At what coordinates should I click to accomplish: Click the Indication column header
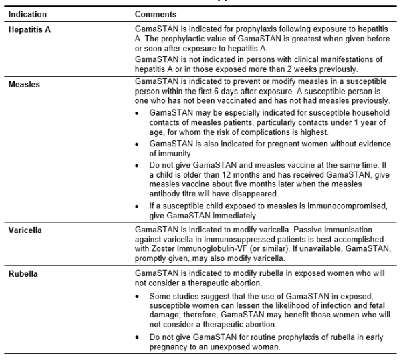27,13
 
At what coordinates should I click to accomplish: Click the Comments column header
156,13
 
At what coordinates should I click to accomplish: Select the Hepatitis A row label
30,31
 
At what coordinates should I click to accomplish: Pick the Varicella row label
25,230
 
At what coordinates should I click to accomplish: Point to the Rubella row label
23,273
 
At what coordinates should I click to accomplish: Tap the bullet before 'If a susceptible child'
137,206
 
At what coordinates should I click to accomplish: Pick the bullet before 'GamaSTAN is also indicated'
137,143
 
